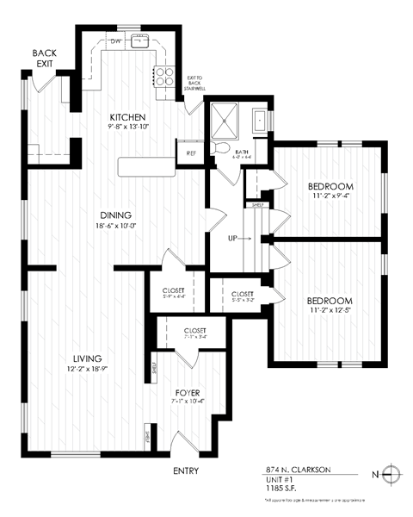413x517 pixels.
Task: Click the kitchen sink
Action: coord(141,40)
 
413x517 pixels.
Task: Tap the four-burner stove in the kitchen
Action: coord(163,77)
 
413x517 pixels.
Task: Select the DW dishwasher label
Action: coord(115,40)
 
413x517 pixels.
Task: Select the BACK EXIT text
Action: coord(45,59)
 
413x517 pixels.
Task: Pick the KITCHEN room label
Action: coord(126,117)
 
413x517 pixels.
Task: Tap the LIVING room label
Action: coord(89,358)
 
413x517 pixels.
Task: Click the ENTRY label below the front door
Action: coord(186,471)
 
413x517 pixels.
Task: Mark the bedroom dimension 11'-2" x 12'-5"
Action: coord(330,313)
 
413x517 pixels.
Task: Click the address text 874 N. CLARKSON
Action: coord(298,470)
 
